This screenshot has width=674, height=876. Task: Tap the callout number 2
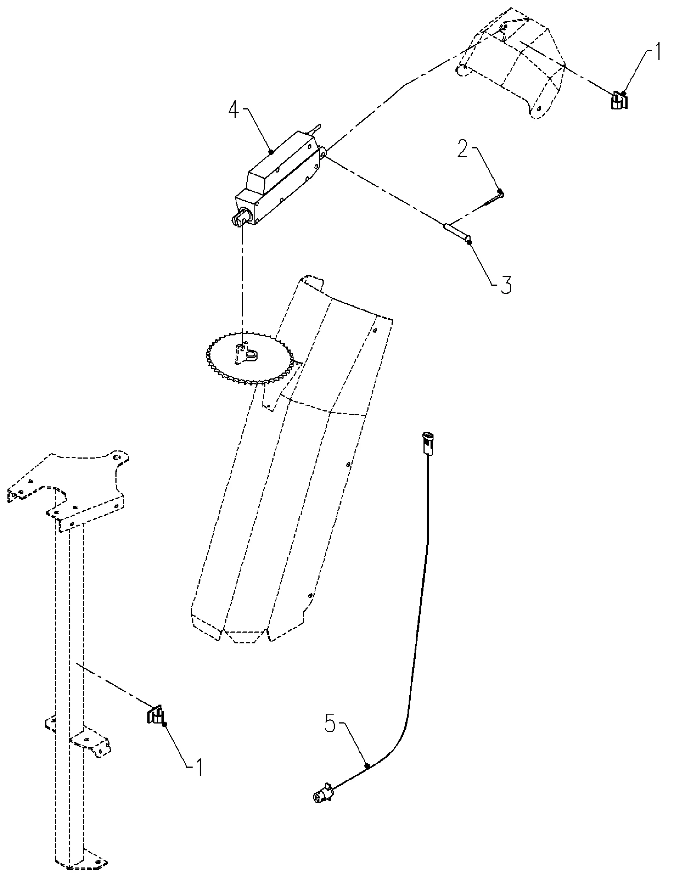(463, 150)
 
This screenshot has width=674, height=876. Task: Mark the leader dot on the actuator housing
(271, 152)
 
